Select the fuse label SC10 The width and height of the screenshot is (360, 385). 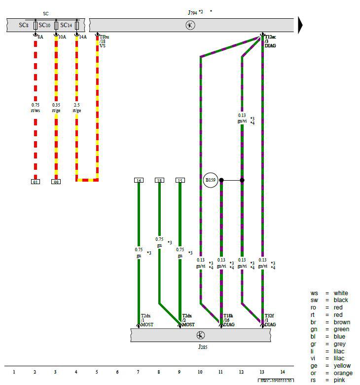44,25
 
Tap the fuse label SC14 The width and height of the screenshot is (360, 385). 66,25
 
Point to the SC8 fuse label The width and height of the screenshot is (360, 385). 24,25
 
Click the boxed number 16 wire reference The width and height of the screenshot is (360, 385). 139,181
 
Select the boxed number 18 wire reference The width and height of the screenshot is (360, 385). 159,181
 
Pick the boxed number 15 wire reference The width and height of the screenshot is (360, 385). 180,181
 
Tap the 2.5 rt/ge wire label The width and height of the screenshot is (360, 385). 76,108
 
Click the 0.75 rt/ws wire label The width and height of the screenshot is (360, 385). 35,108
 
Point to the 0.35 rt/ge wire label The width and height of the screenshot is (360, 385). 56,108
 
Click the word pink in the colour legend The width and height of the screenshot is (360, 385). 340,380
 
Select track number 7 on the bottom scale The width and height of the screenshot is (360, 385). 138,372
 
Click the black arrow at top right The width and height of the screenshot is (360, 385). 300,25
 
